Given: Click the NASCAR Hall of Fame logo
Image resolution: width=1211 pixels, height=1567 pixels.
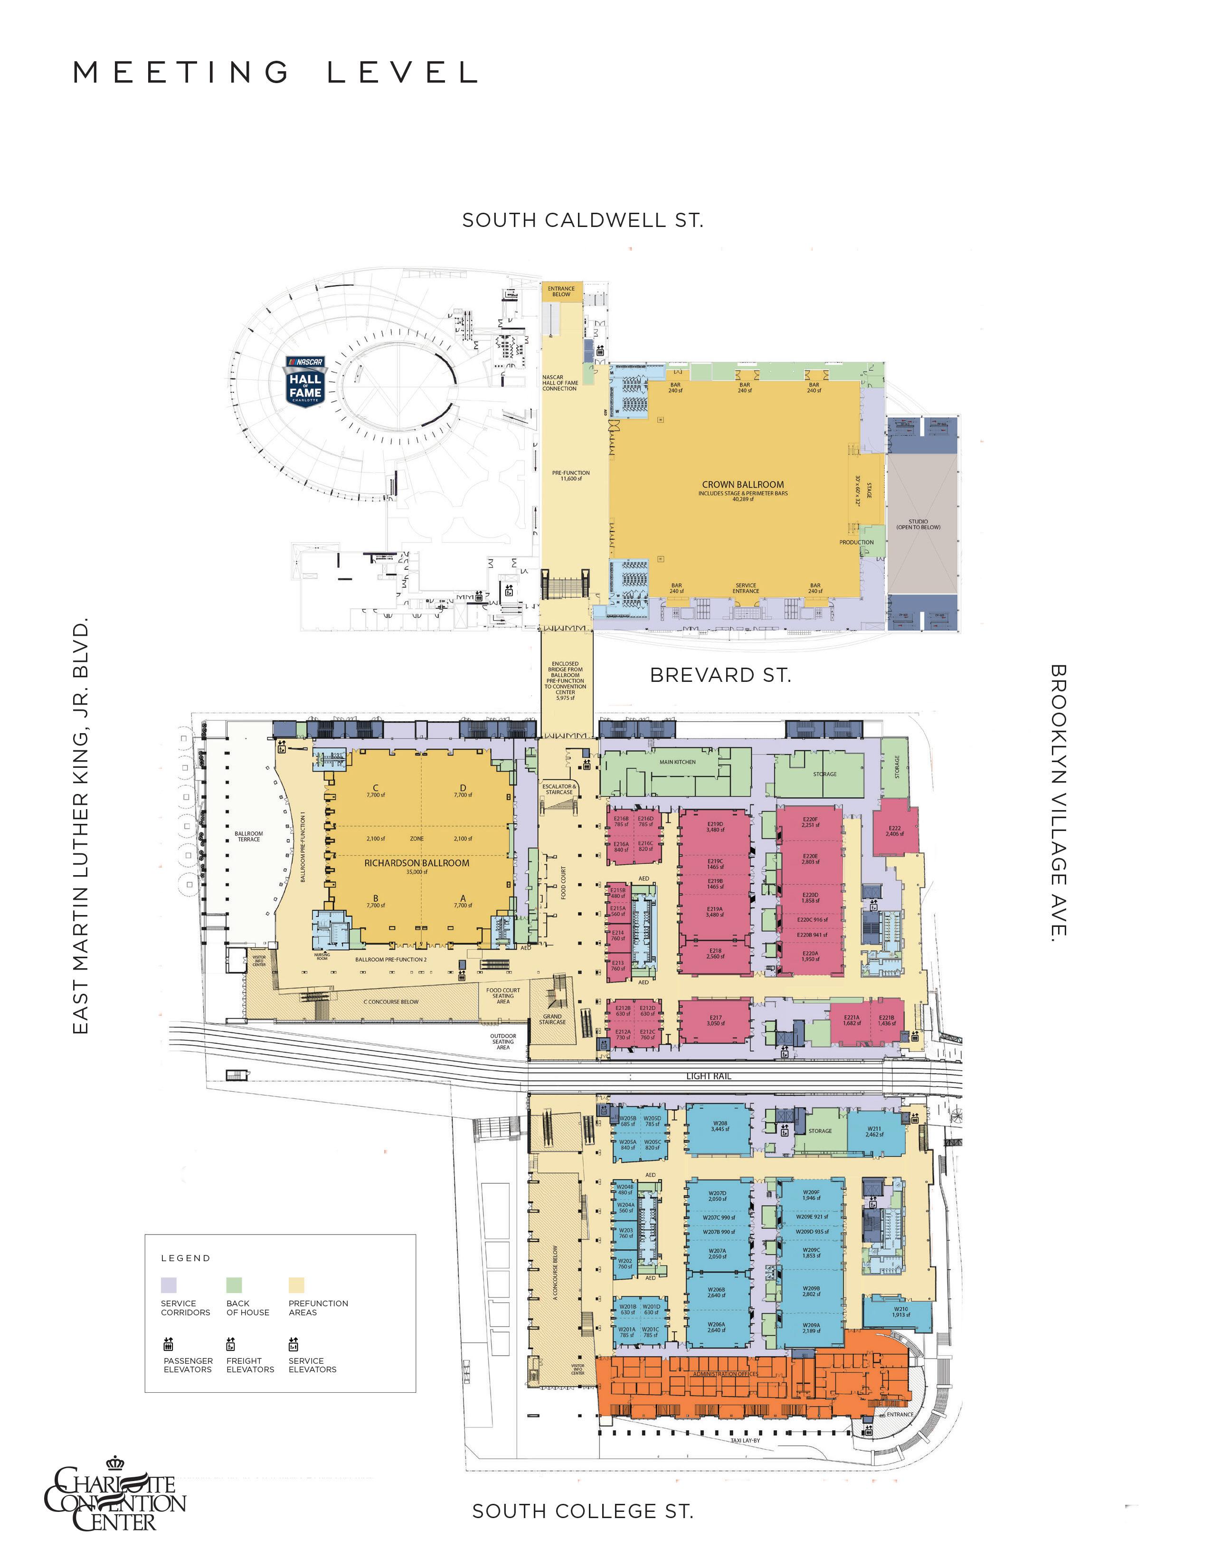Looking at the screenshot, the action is point(306,380).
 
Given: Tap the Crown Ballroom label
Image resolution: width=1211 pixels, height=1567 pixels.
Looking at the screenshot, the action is point(743,485).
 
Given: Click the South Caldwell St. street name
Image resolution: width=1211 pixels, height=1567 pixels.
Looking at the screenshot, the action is point(583,220).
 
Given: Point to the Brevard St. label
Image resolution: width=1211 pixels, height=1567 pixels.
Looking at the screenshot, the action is point(720,675).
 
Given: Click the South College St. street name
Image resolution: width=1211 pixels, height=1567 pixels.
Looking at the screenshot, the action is point(583,1511).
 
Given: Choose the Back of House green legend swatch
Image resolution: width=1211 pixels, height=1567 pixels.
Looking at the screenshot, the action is point(234,1284).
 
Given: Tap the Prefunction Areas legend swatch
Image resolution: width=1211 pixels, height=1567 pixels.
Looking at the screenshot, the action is point(296,1284).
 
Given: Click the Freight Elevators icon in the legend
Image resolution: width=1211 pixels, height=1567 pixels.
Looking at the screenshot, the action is point(231,1344).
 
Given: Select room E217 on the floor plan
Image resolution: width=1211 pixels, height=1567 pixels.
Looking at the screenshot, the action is point(715,1020).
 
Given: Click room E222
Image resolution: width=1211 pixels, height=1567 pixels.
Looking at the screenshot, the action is point(894,831).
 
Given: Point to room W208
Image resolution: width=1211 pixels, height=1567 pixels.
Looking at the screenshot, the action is point(719,1126).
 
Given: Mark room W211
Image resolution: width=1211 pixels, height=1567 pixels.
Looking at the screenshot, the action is point(874,1132).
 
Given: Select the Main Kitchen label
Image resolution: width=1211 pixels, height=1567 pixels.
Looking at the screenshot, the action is point(677,762).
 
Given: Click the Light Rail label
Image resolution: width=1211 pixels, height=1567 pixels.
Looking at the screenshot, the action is point(708,1076).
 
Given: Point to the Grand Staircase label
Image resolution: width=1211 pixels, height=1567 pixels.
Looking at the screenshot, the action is point(552,1019).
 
